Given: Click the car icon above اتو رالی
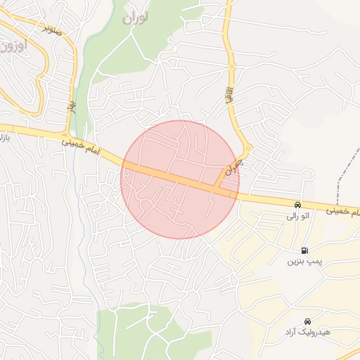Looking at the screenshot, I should click(297, 205).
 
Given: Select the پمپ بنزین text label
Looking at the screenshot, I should click(303, 262).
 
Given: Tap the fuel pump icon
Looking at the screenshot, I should click(304, 250).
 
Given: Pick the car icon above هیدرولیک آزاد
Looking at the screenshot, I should click(307, 320).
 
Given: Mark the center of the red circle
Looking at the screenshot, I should click(180, 179).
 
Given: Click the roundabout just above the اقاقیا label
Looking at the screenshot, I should click(231, 67).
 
